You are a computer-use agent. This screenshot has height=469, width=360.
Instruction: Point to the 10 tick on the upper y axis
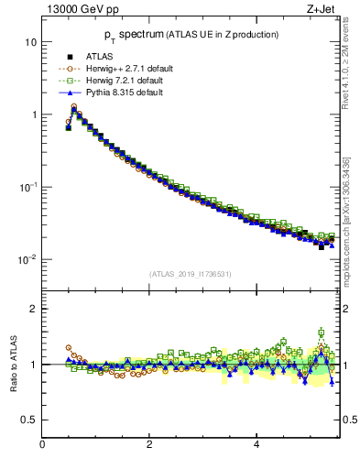click(29, 43)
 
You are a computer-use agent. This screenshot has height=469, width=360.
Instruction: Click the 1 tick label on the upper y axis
click(32, 115)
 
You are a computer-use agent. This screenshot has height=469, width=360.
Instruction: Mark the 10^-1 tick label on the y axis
click(27, 187)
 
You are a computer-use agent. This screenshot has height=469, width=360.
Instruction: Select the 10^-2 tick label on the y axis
click(27, 259)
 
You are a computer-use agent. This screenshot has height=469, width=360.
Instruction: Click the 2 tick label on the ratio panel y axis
click(33, 310)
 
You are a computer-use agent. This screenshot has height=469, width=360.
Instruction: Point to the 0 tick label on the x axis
click(42, 444)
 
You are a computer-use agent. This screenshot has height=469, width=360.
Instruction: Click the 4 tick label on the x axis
click(256, 444)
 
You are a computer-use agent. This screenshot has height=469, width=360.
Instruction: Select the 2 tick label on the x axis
click(149, 444)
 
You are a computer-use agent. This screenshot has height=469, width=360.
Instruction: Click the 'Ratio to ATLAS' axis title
click(13, 364)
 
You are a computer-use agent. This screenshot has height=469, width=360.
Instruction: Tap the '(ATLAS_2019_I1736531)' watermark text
click(191, 274)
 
